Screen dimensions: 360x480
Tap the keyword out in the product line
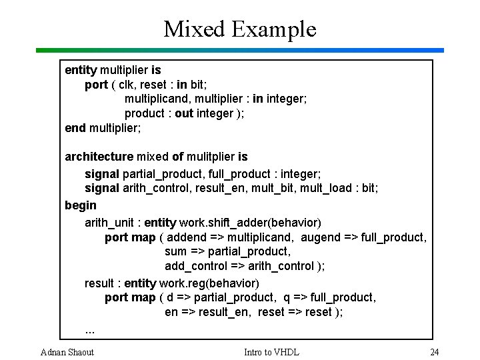pyautogui.click(x=184, y=113)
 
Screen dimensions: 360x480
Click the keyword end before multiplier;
pyautogui.click(x=75, y=127)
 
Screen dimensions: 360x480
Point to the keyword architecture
pyautogui.click(x=99, y=157)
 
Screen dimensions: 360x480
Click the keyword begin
pyautogui.click(x=80, y=205)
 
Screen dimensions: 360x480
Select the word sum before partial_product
pyautogui.click(x=176, y=251)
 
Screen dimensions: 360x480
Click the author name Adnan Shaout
pyautogui.click(x=67, y=351)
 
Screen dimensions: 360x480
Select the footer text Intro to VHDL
pyautogui.click(x=271, y=351)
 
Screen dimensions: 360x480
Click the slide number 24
pyautogui.click(x=434, y=351)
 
